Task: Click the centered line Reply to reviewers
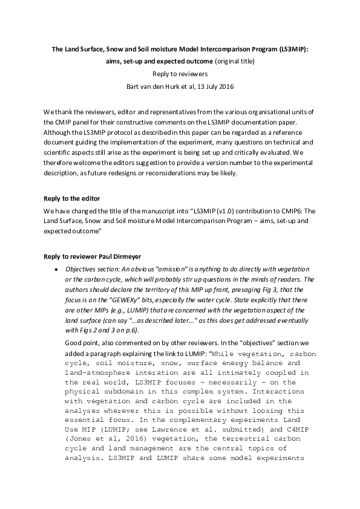pyautogui.click(x=180, y=74)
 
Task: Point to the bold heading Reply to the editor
pyautogui.click(x=71, y=198)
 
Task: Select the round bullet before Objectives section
pyautogui.click(x=56, y=268)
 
